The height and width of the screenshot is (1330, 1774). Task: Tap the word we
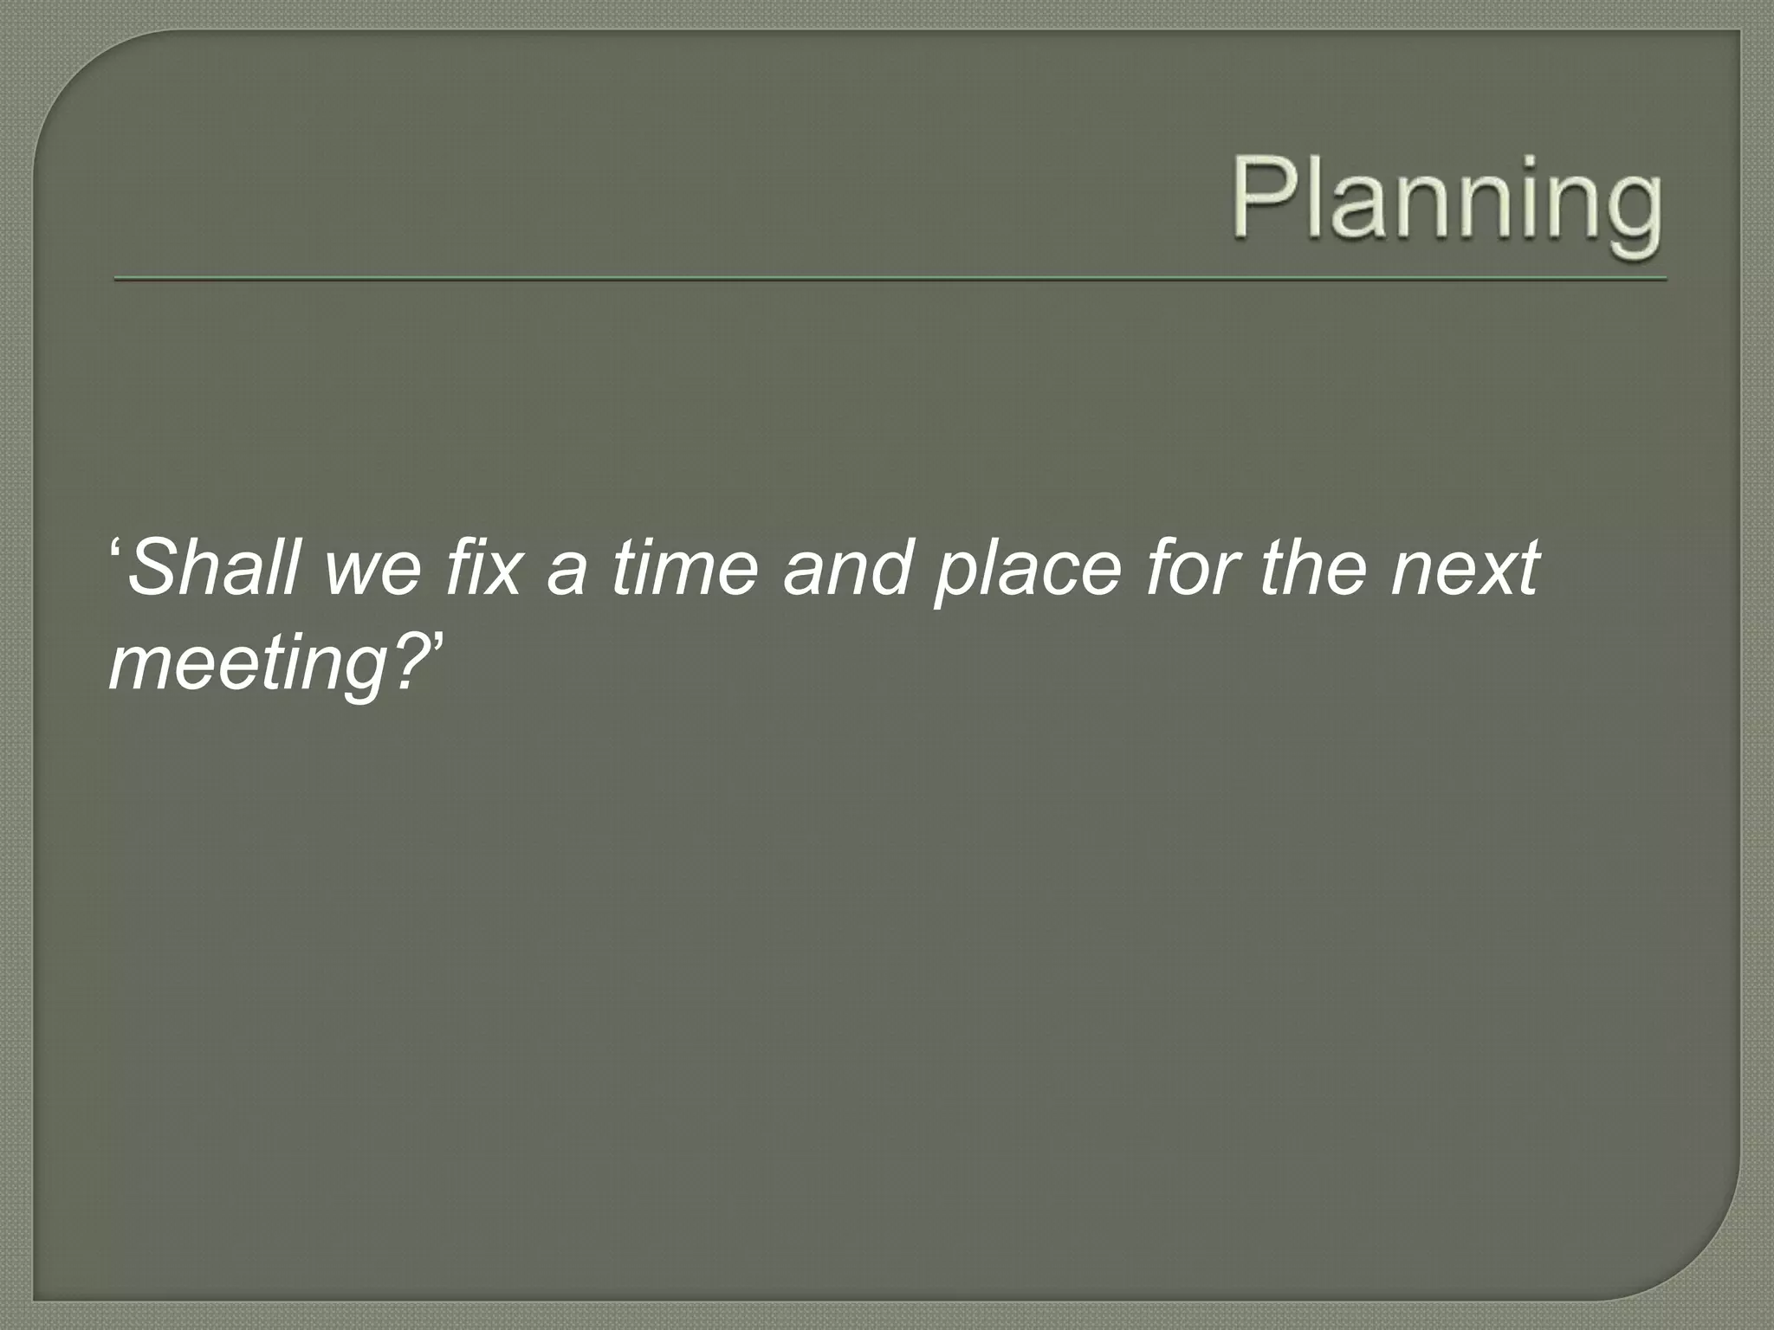372,571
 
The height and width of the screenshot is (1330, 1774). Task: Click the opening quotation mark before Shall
116,550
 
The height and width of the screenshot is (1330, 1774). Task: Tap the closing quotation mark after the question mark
436,644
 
